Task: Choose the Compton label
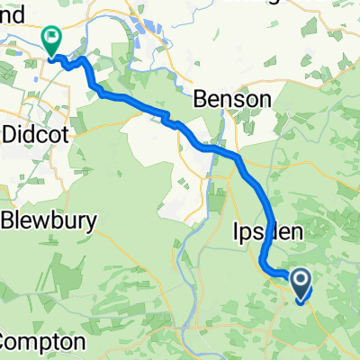43,343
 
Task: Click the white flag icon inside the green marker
52,38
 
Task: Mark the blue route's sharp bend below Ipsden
263,264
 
